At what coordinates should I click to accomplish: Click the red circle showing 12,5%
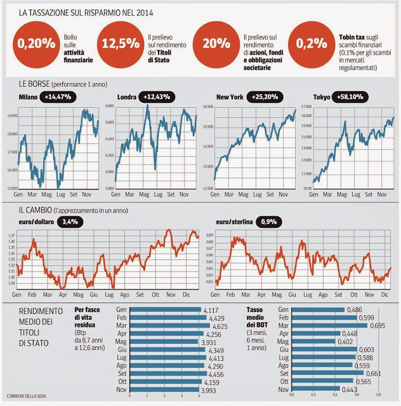tap(119, 44)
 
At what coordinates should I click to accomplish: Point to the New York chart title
tap(232, 97)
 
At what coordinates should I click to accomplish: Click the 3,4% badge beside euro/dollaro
tap(69, 221)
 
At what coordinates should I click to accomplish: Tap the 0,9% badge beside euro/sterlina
tap(272, 221)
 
